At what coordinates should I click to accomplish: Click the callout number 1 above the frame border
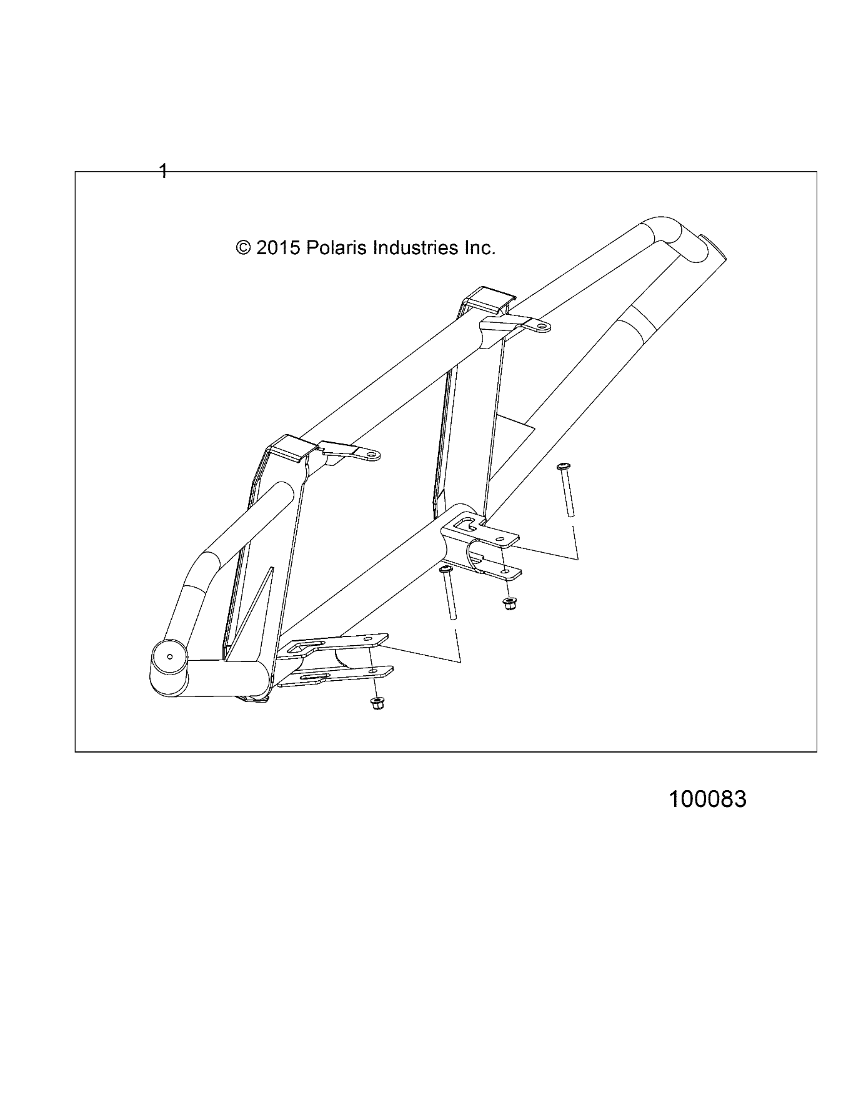click(x=163, y=171)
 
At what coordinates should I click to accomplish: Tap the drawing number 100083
click(x=707, y=799)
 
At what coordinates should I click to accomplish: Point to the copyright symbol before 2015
click(x=244, y=248)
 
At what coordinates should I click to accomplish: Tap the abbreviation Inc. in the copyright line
click(x=479, y=248)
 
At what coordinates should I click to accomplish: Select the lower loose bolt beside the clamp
click(x=449, y=593)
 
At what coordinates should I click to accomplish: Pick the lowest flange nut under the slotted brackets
click(x=377, y=703)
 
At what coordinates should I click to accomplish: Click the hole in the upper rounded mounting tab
click(x=542, y=326)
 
